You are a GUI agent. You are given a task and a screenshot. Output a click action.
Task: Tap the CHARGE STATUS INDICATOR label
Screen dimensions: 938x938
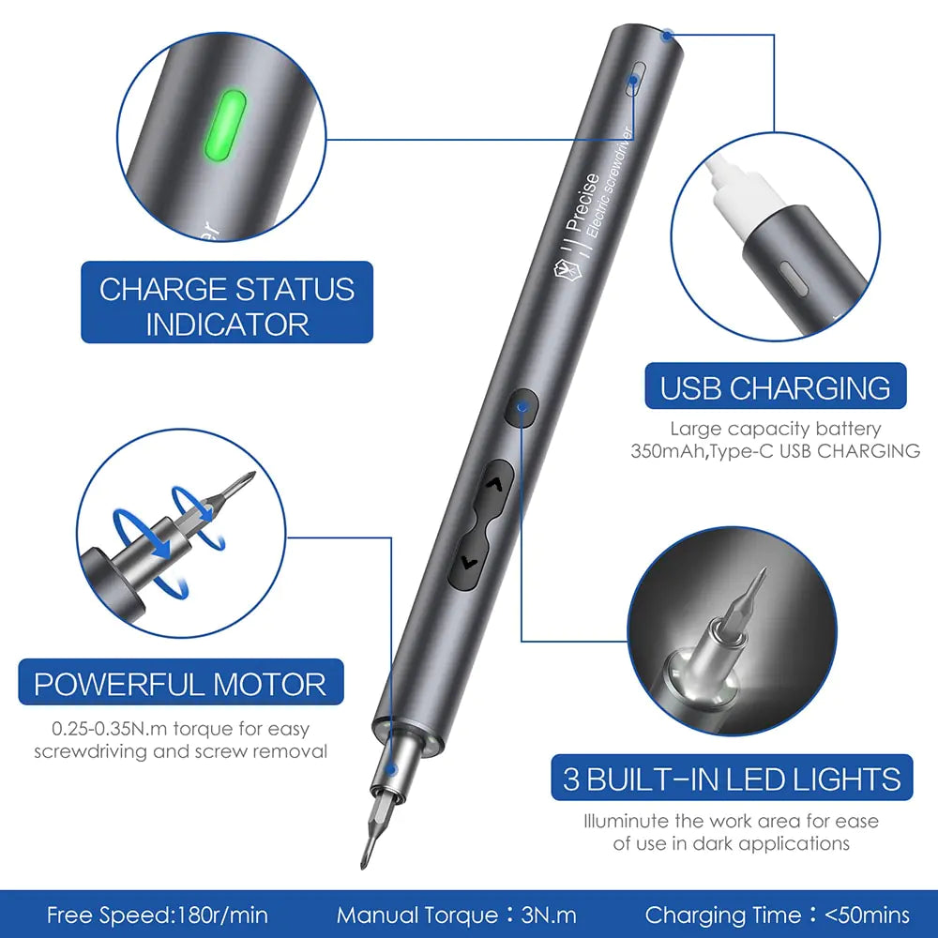[x=227, y=306]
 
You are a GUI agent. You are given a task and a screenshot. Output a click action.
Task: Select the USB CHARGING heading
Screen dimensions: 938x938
[x=775, y=387]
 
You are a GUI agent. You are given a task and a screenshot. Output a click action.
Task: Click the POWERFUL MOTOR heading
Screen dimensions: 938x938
[x=180, y=684]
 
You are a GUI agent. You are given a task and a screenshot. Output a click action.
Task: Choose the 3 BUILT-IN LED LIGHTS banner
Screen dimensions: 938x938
[x=732, y=779]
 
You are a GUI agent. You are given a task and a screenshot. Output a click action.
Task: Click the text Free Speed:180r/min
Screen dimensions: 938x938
[x=158, y=915]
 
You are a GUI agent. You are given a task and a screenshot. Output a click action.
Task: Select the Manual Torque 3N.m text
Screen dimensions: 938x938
[x=457, y=915]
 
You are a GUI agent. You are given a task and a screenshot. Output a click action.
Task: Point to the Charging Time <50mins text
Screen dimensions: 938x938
[x=778, y=915]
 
